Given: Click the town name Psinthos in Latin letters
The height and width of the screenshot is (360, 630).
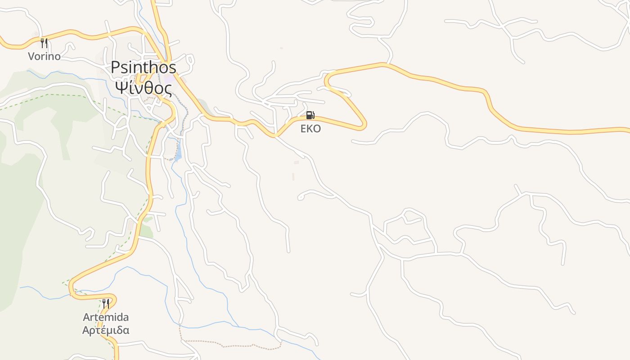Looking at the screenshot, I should pos(144,67).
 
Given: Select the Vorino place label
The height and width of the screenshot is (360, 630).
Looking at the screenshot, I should pos(44,56).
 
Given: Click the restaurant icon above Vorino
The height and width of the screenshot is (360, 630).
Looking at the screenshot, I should pos(44,43).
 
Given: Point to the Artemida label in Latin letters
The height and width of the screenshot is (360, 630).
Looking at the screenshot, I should pos(106,317).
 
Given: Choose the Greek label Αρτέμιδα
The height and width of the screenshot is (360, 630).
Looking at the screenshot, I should pos(106,330).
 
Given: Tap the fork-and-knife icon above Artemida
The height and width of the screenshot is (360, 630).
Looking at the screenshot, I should pos(106,303).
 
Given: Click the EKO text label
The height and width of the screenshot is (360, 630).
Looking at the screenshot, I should pos(310,129).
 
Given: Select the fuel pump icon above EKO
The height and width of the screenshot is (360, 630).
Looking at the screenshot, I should pos(310,115).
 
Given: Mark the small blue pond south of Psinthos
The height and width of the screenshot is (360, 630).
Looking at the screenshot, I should pos(178,153).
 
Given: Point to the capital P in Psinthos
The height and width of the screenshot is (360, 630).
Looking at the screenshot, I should pos(116,67).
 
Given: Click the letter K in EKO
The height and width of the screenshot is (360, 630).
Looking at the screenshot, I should pos(310,129).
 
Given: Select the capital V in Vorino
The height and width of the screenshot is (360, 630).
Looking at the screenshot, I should pos(31,56).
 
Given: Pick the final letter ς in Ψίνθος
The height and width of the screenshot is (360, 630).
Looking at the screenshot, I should pos(168,89).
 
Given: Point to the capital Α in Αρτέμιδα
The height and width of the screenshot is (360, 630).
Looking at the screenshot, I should pos(86,330).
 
